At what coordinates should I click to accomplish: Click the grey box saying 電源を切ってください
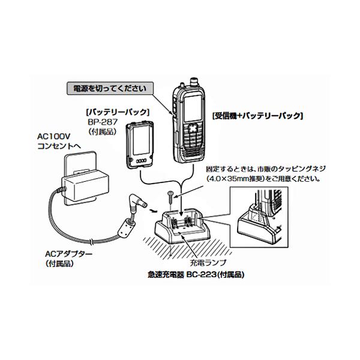(x=110, y=88)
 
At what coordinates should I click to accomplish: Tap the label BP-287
(x=103, y=122)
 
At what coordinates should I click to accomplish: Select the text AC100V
(x=54, y=137)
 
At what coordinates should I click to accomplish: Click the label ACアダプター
(x=68, y=254)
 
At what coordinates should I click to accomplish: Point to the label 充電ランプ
(x=208, y=263)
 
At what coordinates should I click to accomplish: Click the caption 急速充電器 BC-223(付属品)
(x=196, y=275)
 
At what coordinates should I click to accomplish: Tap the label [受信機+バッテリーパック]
(x=258, y=116)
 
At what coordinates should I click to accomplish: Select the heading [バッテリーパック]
(x=118, y=112)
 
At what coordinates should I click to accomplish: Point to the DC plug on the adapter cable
(x=138, y=202)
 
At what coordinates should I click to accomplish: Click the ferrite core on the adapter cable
(x=126, y=229)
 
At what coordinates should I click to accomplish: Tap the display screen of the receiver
(x=193, y=108)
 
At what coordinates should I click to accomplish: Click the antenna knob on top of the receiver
(x=194, y=82)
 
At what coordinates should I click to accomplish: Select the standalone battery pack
(x=140, y=145)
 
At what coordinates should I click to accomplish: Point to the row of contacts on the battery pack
(x=141, y=161)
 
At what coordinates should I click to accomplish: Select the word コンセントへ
(x=59, y=146)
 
